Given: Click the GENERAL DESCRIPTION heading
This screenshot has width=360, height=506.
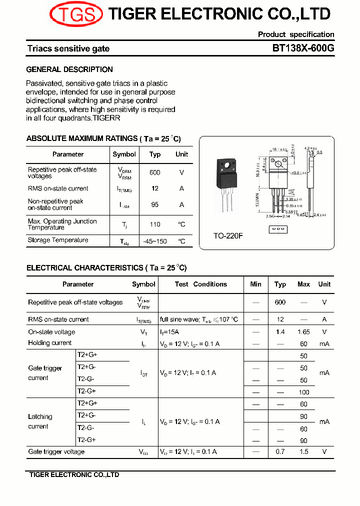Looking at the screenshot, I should [69, 69].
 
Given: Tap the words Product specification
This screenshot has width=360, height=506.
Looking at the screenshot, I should [296, 34].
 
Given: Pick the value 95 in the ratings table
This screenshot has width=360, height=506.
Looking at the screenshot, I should [155, 204].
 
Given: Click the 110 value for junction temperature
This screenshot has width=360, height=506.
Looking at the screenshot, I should [155, 224].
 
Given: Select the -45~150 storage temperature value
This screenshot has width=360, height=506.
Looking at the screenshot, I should [155, 241].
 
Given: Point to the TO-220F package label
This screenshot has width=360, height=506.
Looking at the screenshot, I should [228, 235].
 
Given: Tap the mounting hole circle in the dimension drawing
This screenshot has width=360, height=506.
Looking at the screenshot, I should [278, 164].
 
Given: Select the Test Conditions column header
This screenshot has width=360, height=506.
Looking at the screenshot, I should [200, 284].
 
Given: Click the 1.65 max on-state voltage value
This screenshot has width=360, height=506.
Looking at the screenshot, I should [303, 332].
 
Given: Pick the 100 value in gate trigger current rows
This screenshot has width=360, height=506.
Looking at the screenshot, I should [303, 392].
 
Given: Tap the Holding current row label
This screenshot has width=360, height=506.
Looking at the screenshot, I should [50, 343].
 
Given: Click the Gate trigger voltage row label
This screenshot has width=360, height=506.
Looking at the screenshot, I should [56, 452].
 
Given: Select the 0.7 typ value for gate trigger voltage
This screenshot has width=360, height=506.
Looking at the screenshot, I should [280, 452].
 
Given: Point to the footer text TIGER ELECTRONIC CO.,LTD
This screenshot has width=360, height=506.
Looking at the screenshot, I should [74, 475].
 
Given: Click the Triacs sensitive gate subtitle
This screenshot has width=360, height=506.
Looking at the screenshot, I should [68, 48].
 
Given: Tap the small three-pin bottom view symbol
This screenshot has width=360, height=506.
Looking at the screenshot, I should [277, 229].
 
